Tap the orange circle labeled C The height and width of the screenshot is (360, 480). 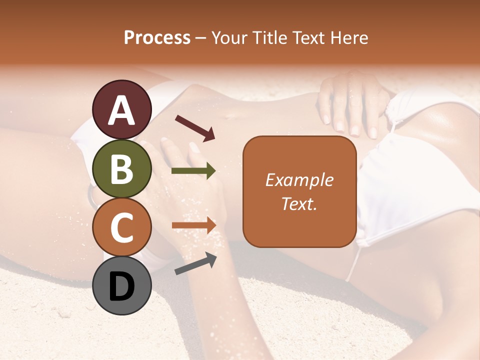[122, 228]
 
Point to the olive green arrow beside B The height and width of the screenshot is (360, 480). [193, 171]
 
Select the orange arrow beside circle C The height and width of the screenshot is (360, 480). [193, 226]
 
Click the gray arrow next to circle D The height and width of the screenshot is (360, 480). [195, 263]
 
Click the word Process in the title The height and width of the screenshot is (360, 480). [157, 38]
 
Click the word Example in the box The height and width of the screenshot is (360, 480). [299, 180]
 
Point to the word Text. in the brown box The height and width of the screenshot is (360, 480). [299, 203]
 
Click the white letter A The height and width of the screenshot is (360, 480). [122, 110]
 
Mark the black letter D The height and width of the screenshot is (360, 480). [122, 286]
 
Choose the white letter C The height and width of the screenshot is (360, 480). [122, 228]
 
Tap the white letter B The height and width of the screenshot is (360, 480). [122, 169]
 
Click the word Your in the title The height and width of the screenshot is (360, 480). [229, 38]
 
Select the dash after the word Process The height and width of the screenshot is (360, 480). [201, 38]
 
